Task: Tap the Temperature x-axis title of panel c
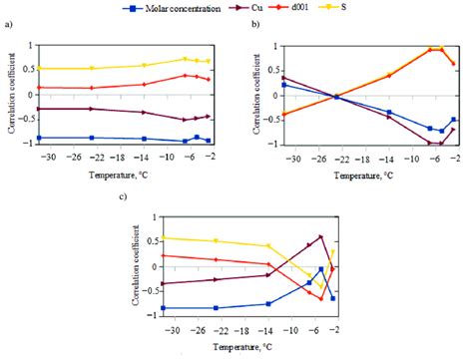click(237, 351)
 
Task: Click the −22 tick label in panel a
click(93, 162)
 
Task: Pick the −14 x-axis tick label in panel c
click(266, 335)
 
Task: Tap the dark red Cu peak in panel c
click(320, 237)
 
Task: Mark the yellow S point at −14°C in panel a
click(144, 65)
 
